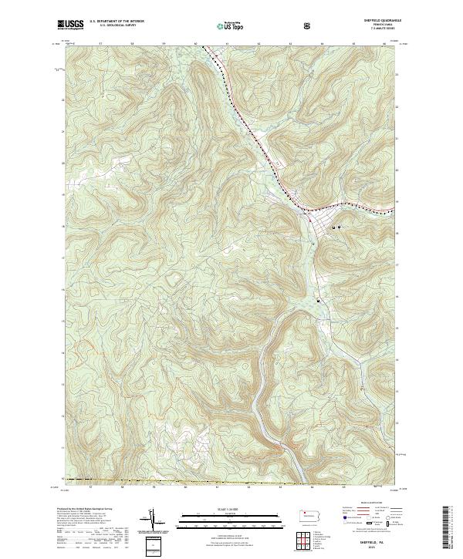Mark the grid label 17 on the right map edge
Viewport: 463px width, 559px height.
tap(395, 263)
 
